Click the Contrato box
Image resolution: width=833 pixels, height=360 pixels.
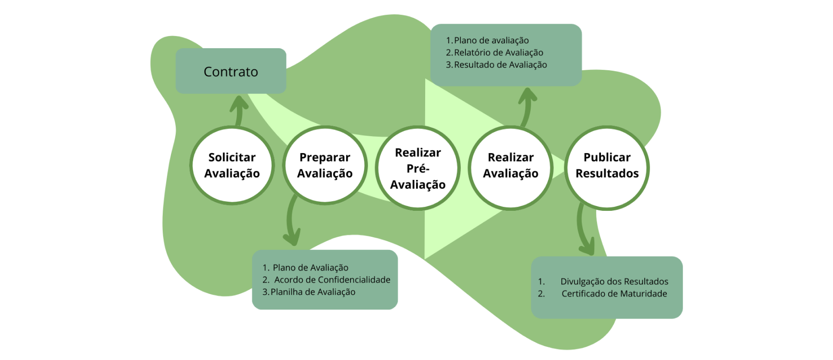coord(231,71)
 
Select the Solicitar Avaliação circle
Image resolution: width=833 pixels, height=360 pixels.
coord(232,165)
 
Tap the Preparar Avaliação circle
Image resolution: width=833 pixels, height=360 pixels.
coord(325,165)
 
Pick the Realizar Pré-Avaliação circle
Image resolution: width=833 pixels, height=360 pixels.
coord(418,168)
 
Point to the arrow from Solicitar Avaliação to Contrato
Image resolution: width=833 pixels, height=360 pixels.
coord(238,110)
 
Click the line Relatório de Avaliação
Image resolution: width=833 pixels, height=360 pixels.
coord(498,52)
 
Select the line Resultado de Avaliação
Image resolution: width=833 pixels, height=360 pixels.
coord(500,64)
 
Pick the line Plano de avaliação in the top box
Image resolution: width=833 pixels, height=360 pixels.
coord(491,40)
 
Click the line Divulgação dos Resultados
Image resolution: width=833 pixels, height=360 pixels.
coord(614,282)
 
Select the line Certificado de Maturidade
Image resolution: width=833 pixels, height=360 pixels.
coord(614,294)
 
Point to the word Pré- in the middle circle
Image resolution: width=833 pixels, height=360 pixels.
coord(418,168)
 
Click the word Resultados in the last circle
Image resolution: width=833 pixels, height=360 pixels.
coord(607,173)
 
